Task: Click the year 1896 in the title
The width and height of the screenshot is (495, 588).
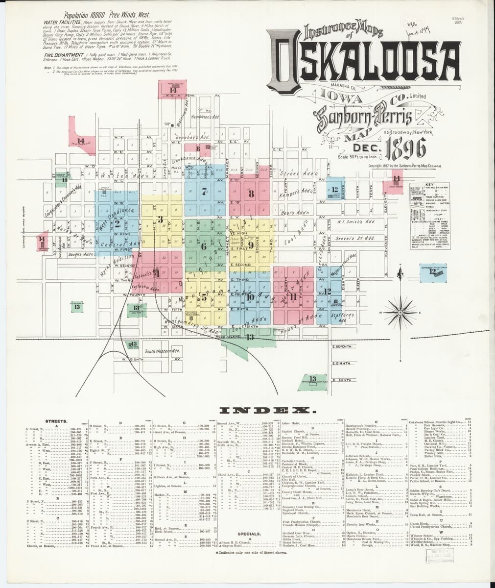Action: [x=406, y=147]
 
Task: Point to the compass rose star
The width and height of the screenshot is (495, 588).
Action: [x=400, y=312]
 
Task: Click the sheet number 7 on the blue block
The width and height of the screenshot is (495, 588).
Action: [x=204, y=192]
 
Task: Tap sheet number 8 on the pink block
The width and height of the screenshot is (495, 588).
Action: [x=252, y=193]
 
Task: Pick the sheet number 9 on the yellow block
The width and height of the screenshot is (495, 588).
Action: [x=250, y=245]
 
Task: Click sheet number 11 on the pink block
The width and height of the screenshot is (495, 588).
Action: [x=293, y=296]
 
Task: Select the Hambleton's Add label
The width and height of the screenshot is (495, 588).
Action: [x=205, y=118]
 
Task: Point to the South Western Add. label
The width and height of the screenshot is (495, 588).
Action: [x=163, y=351]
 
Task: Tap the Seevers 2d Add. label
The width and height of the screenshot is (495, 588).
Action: [x=355, y=238]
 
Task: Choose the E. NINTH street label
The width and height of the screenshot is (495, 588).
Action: [x=341, y=380]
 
